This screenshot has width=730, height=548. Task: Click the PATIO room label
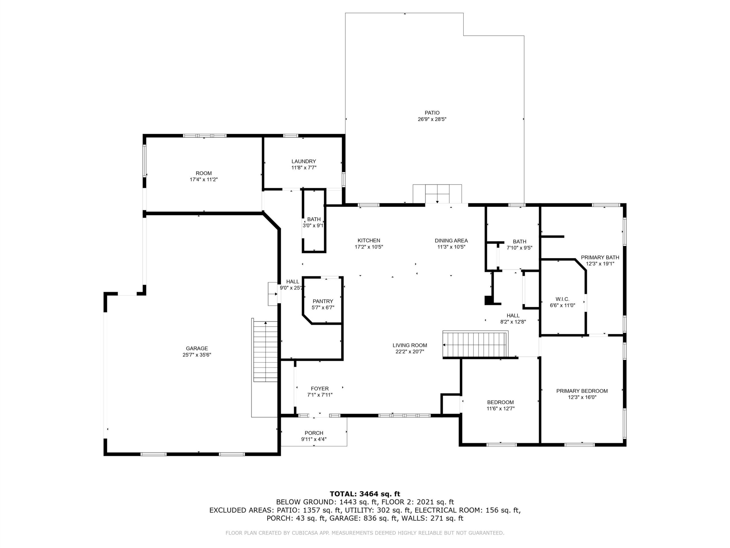[x=432, y=113]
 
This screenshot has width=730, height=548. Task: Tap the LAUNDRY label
[x=304, y=162]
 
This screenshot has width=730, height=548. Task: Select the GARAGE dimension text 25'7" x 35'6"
[x=197, y=355]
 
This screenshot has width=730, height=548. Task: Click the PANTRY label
[x=323, y=301]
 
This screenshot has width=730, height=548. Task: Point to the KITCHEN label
[x=369, y=241]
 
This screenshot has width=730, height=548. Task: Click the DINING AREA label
[x=451, y=241]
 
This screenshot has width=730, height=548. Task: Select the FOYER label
[x=320, y=389]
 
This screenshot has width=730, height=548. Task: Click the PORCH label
[x=314, y=433]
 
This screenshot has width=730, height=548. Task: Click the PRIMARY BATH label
[x=600, y=258]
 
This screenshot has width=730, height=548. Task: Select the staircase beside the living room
[x=475, y=345]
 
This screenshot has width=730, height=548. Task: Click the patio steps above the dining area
[x=437, y=194]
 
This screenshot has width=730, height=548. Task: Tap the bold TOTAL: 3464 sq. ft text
[x=365, y=494]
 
